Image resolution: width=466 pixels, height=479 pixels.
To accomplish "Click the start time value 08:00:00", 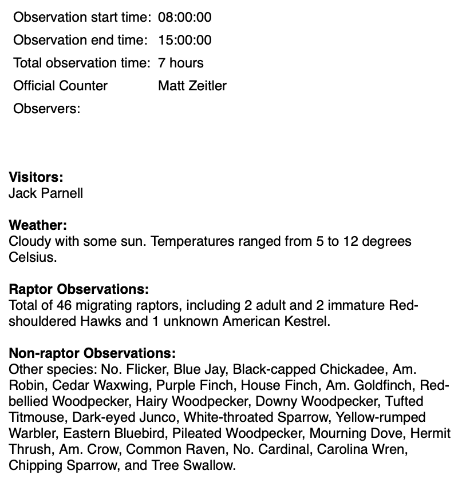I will (184, 17).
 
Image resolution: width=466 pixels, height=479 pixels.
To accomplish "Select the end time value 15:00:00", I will (184, 40).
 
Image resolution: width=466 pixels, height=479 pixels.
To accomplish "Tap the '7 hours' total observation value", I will (180, 63).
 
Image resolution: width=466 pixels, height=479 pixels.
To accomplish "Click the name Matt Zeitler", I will (192, 86).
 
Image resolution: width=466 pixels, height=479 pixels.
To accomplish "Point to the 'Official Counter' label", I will (60, 86).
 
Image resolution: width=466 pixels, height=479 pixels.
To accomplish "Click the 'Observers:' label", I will (46, 109).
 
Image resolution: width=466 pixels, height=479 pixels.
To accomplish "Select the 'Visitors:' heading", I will (35, 177).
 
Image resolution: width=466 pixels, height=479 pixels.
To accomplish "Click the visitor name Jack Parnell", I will (46, 193).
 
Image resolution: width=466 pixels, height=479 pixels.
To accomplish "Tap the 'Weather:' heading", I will (38, 225).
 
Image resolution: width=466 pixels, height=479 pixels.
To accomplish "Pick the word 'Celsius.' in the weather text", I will (33, 257).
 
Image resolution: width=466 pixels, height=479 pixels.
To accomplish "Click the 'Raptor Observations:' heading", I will (78, 289).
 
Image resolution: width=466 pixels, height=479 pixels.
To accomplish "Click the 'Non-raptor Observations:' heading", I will (92, 353).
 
